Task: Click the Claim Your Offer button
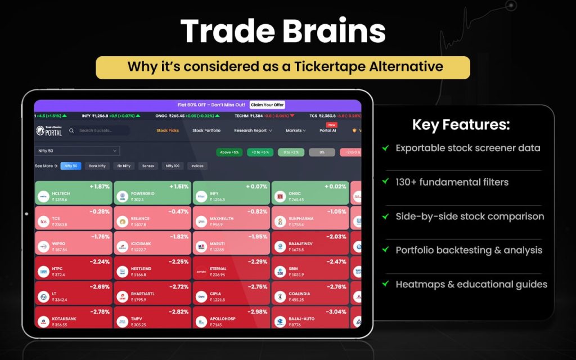[x=267, y=105]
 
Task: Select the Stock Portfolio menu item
[x=206, y=130]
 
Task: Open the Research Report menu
[x=253, y=130]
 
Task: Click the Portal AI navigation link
[x=328, y=130]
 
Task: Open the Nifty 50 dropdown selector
[x=78, y=151]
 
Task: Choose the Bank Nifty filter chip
[x=97, y=166]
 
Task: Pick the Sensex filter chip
[x=148, y=166]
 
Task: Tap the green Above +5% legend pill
[x=228, y=152]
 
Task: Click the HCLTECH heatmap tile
[x=73, y=193]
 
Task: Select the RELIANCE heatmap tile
[x=152, y=218]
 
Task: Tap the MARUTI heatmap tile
[x=231, y=243]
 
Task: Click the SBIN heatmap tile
[x=310, y=268]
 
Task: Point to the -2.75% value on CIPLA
[x=256, y=287]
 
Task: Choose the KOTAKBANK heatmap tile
[x=73, y=318]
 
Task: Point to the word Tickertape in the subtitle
[x=327, y=66]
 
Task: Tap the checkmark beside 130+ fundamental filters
[x=385, y=182]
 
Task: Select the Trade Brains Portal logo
[x=49, y=130]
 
